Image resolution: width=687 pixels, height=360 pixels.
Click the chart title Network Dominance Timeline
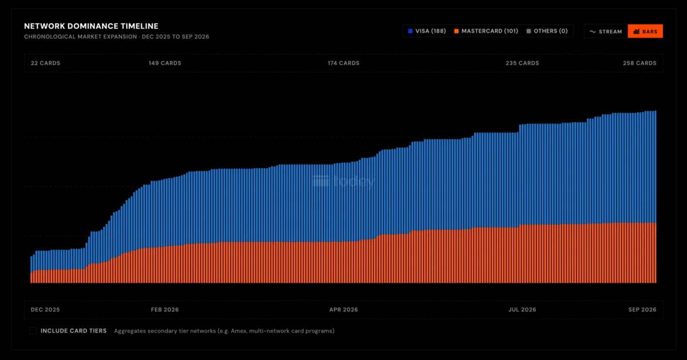pos(91,26)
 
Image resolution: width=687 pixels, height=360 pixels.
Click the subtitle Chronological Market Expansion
pos(80,37)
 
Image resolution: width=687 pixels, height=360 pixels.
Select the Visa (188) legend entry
pos(427,31)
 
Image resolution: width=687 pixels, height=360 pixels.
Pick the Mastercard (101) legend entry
pos(486,31)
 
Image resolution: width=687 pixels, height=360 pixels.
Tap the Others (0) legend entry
pos(547,31)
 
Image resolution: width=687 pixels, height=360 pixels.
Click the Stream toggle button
pos(606,31)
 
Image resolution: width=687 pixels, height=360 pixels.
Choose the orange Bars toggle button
pos(645,31)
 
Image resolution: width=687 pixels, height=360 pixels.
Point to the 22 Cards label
pos(45,63)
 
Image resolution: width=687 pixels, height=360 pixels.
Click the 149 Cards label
pos(165,63)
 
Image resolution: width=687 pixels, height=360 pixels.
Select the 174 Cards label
pos(343,63)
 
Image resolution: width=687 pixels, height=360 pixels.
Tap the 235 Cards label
pos(522,63)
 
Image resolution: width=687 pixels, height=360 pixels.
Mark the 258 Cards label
pos(640,63)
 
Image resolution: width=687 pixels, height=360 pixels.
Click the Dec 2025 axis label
pos(45,310)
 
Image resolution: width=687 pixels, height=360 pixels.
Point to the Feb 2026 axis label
pos(165,310)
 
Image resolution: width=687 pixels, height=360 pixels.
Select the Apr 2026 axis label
pos(343,310)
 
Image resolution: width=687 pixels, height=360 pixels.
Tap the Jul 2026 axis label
pos(522,310)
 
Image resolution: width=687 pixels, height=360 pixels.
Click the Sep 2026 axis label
pos(642,310)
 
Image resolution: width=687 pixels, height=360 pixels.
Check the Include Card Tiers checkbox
pos(33,331)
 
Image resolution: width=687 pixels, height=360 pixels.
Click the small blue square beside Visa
pos(410,31)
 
